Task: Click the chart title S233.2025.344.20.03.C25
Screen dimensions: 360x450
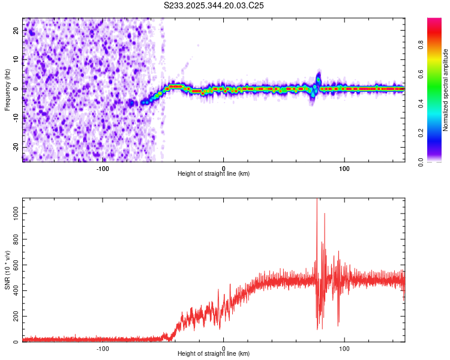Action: tap(214, 5)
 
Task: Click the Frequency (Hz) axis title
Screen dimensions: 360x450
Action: tap(7, 90)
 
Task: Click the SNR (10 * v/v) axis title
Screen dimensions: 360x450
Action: tap(7, 270)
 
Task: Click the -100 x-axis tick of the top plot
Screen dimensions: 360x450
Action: tap(103, 167)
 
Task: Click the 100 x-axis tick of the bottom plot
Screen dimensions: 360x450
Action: tap(345, 347)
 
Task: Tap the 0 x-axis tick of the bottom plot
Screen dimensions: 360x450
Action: tap(224, 347)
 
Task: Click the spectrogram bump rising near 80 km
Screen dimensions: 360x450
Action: tap(319, 78)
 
